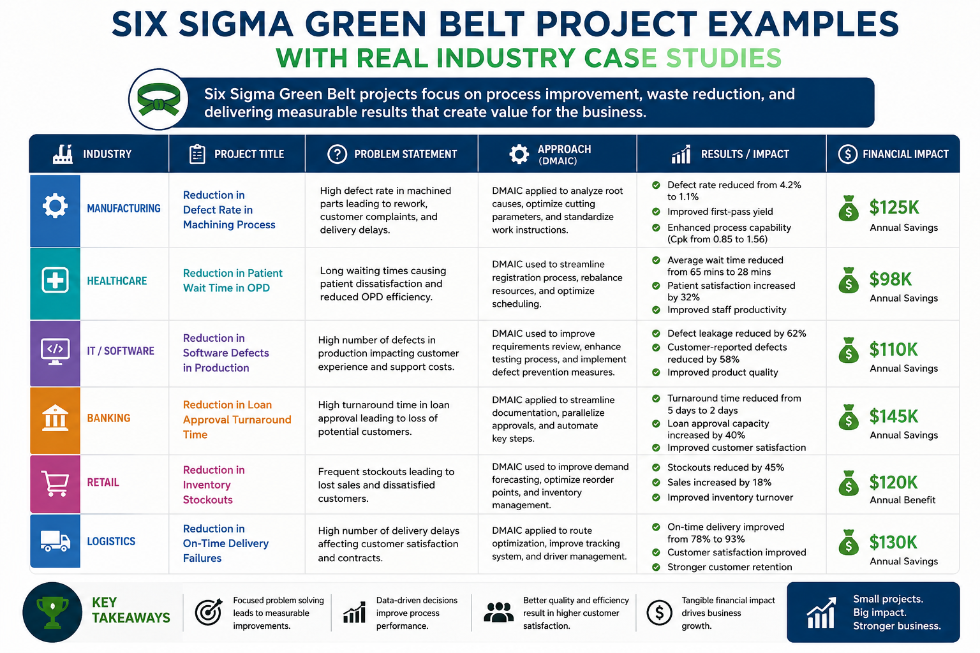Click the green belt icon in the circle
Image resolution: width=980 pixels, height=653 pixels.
click(158, 99)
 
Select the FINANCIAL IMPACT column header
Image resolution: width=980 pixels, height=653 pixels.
click(905, 154)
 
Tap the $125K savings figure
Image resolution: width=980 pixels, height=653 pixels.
click(894, 207)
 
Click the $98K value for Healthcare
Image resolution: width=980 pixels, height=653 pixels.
click(890, 279)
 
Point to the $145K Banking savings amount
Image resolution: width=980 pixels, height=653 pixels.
click(893, 416)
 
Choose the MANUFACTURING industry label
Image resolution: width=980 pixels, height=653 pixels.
click(123, 208)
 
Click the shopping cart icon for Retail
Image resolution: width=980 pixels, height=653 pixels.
click(55, 483)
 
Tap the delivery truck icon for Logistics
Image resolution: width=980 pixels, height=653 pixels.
click(55, 541)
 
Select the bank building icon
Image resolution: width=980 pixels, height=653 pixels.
click(55, 418)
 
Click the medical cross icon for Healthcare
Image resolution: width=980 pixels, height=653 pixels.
click(55, 280)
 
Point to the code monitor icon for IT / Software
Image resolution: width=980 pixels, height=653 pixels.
click(55, 351)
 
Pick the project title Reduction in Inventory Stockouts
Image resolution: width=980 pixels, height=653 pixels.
click(214, 485)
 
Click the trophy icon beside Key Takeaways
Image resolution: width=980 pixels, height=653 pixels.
click(52, 612)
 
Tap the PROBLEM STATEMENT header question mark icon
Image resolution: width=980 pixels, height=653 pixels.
click(337, 154)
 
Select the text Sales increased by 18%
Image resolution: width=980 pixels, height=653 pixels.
click(719, 483)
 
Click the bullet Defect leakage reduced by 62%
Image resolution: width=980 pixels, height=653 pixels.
click(736, 334)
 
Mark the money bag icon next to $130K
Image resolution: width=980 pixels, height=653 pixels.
click(849, 542)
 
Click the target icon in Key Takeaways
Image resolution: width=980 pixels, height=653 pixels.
click(209, 612)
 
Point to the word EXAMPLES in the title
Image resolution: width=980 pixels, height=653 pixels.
click(803, 24)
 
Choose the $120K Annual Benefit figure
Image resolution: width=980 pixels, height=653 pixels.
click(893, 483)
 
